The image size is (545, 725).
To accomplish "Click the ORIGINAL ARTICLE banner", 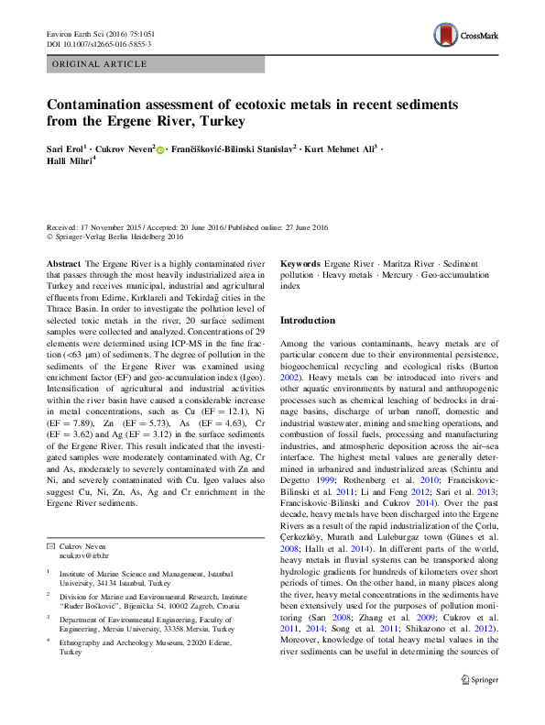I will click(x=101, y=64).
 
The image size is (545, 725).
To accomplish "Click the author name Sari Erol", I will click(x=65, y=148).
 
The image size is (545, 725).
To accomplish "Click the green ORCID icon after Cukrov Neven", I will click(x=160, y=148).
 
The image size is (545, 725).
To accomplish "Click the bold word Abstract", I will click(x=61, y=263).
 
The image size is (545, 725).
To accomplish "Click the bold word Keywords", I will click(x=300, y=263).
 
